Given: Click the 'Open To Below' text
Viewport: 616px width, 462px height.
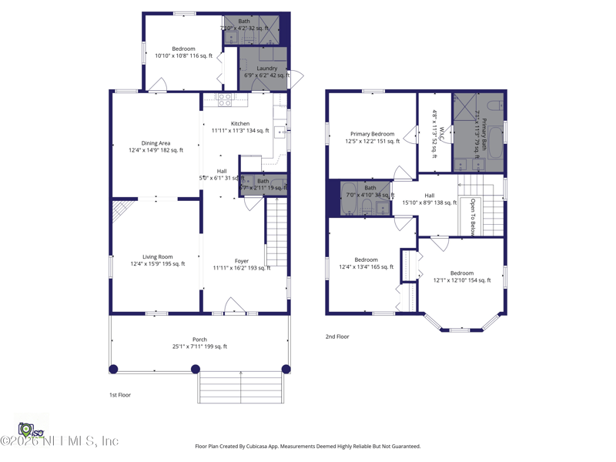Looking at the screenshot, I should [x=473, y=216].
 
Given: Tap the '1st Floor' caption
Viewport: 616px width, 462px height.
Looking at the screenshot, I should [x=119, y=395].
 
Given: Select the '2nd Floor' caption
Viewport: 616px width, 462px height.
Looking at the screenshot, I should [x=337, y=336].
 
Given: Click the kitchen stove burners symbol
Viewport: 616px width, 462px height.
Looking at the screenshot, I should [x=224, y=99].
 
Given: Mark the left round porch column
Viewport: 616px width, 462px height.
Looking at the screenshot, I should [x=114, y=369].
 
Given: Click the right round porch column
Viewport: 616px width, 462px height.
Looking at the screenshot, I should [x=286, y=369].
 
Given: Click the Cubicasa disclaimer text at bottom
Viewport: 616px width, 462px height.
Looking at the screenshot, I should [x=308, y=446].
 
